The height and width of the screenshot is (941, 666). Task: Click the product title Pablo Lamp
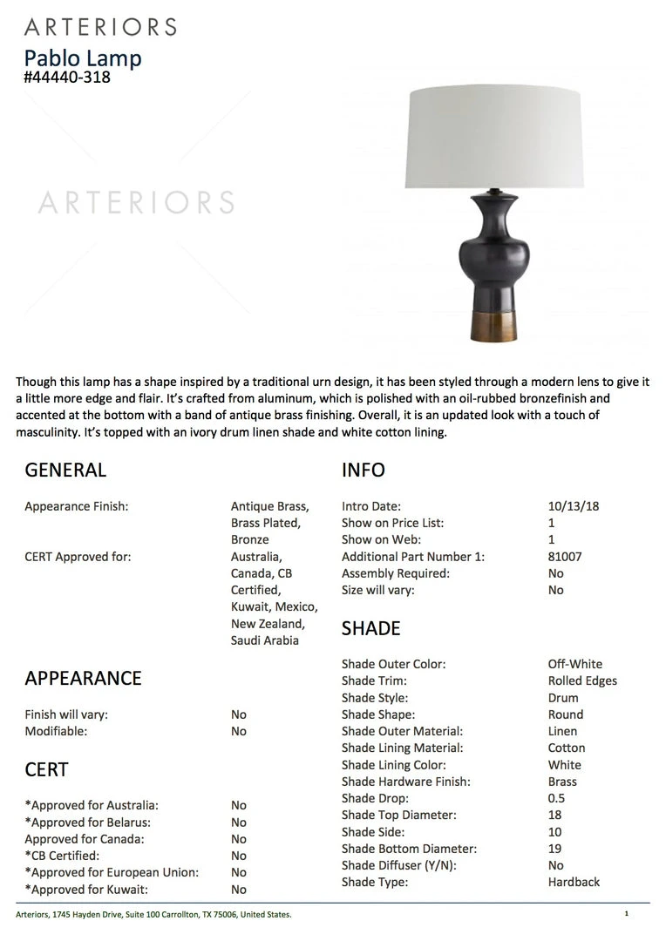pos(83,58)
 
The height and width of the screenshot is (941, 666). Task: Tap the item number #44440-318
pos(67,77)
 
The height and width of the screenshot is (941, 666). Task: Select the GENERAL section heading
pos(65,470)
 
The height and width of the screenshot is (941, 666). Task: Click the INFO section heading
pos(363,470)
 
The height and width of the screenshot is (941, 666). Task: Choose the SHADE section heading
pos(370,628)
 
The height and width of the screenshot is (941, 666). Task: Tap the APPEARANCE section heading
pos(83,678)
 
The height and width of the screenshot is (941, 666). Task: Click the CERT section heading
pos(46,769)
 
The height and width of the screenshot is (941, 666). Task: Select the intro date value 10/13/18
pos(574,506)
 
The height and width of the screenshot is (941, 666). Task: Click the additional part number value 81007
pos(565,557)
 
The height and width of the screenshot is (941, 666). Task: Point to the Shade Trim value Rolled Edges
pos(582,680)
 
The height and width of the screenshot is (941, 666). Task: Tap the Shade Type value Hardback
pos(574,882)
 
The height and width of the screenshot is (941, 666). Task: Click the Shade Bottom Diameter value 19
pos(554,849)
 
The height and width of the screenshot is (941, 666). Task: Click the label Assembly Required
pos(396,573)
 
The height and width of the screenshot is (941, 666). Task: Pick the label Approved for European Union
pos(112,872)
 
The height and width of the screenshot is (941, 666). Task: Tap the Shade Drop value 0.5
pos(556,798)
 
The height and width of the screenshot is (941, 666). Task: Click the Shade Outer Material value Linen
pos(562,731)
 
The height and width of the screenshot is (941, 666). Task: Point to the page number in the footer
pos(626,914)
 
